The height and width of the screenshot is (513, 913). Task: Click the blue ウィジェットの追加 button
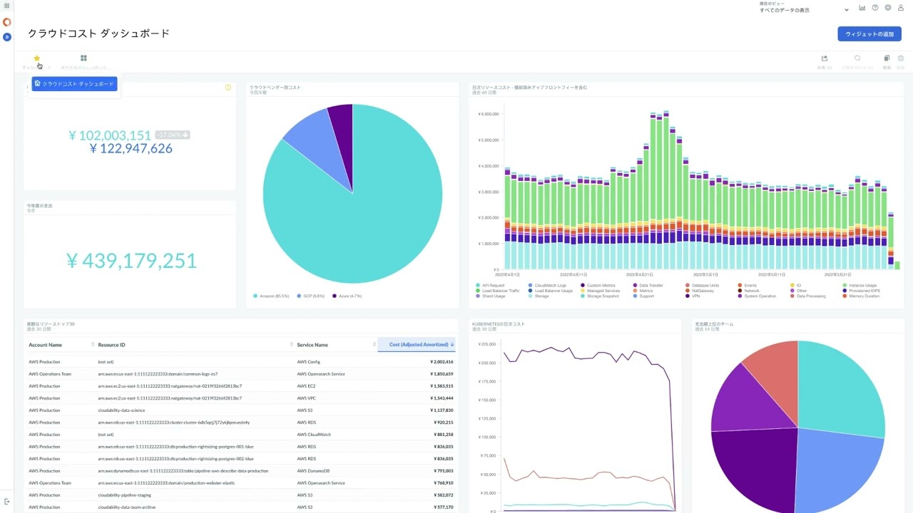[869, 34]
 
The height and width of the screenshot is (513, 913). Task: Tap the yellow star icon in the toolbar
[37, 58]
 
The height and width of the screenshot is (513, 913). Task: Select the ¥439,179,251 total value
[131, 261]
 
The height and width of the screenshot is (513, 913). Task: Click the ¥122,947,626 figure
[131, 148]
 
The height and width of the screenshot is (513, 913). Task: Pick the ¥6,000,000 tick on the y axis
[488, 114]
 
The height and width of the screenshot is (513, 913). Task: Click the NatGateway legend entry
[702, 291]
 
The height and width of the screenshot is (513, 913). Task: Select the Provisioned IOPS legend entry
[863, 291]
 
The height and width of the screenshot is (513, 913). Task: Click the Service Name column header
[312, 345]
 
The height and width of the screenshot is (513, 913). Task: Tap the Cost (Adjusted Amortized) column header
[419, 345]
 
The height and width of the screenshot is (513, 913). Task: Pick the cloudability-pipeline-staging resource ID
[126, 495]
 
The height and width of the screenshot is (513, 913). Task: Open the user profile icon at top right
[900, 8]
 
